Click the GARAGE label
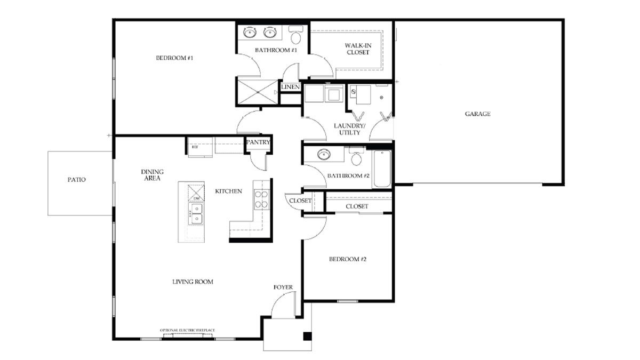pyautogui.click(x=477, y=114)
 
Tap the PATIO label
pyautogui.click(x=76, y=180)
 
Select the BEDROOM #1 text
pyautogui.click(x=174, y=58)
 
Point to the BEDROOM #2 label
pyautogui.click(x=347, y=259)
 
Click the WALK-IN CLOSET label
pyautogui.click(x=358, y=49)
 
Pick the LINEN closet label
pyautogui.click(x=290, y=86)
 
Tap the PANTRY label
pyautogui.click(x=258, y=142)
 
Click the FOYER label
pyautogui.click(x=283, y=287)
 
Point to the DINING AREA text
pyautogui.click(x=152, y=175)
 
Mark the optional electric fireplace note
pyautogui.click(x=187, y=331)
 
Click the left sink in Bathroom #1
pyautogui.click(x=250, y=33)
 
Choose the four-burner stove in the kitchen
pyautogui.click(x=261, y=198)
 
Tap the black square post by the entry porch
pyautogui.click(x=307, y=336)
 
